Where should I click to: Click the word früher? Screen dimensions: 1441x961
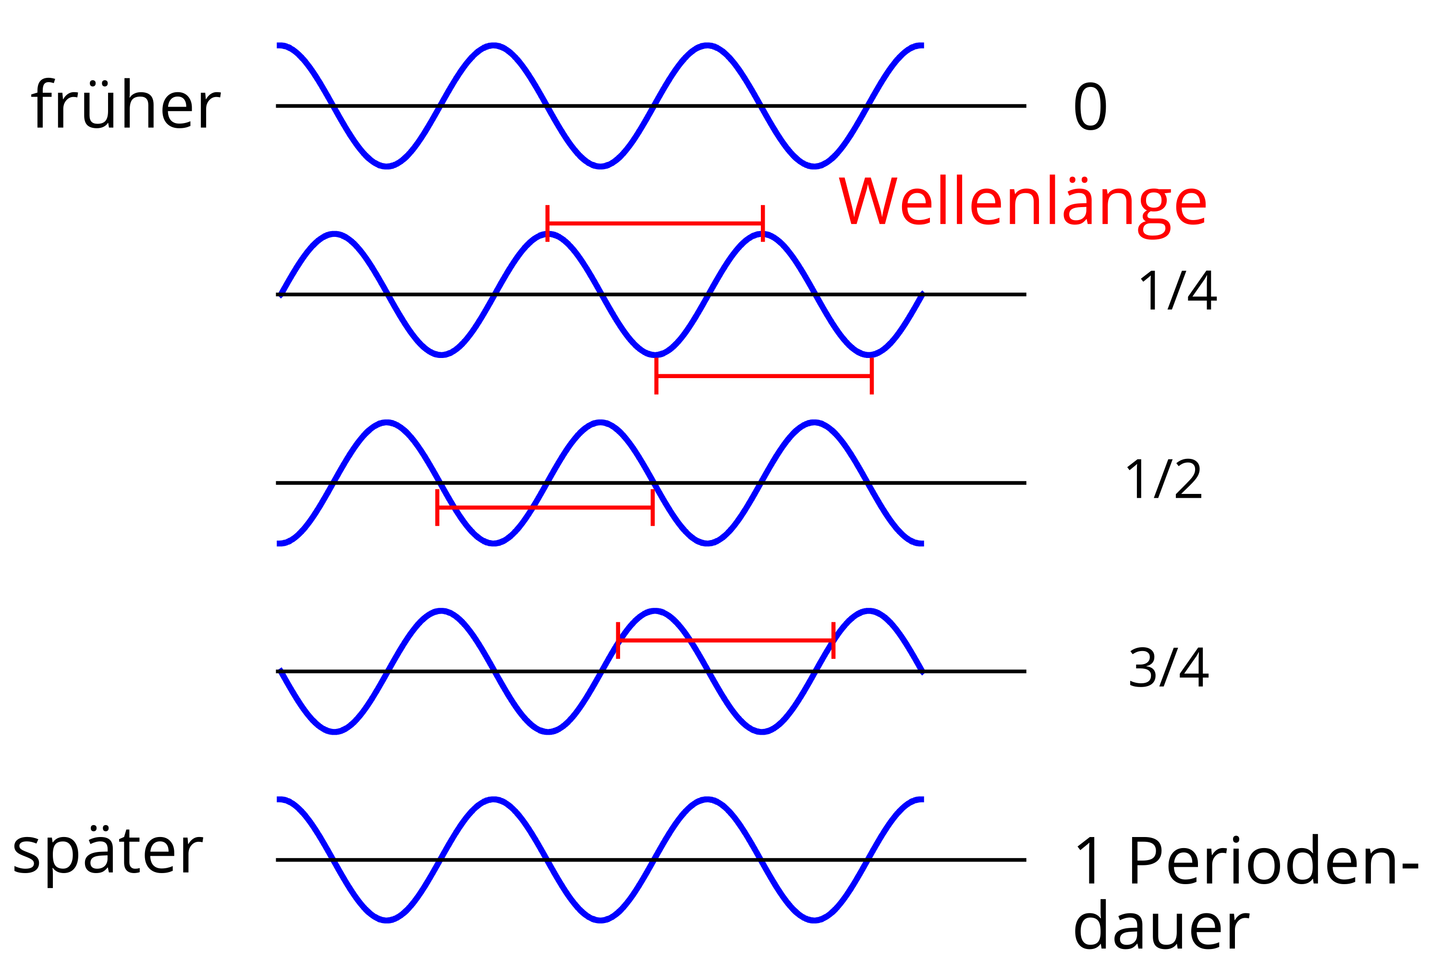pos(125,104)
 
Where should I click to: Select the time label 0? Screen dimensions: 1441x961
pos(1090,106)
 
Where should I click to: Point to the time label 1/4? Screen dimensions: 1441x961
pos(1178,291)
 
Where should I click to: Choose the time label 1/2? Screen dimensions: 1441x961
pos(1164,479)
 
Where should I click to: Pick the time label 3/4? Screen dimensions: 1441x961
pos(1168,667)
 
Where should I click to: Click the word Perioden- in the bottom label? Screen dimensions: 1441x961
pos(1273,861)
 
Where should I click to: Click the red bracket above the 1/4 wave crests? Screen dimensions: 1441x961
pos(655,223)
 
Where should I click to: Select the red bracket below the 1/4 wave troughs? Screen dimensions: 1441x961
pos(764,376)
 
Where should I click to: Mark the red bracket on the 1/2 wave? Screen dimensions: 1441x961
pos(545,507)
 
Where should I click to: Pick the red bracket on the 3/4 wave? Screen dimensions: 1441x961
pos(725,641)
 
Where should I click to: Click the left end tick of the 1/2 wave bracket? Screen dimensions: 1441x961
pos(437,507)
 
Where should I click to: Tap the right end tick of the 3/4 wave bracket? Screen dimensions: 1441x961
pos(833,641)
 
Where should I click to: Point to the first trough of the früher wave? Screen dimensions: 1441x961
pos(387,165)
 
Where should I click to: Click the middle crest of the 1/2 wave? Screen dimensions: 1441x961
pos(600,422)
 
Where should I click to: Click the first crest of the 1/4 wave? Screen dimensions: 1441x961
pos(334,234)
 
